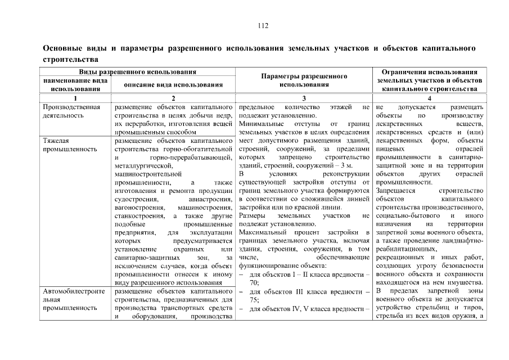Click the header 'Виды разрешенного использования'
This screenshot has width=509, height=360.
point(137,72)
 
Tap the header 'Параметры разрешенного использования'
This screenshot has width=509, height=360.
point(304,80)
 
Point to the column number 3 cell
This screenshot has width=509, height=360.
point(304,98)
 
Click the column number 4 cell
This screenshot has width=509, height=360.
point(430,98)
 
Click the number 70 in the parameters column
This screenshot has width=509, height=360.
point(254,282)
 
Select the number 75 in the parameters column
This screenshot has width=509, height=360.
point(254,300)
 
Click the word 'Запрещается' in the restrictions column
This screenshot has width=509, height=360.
point(395,191)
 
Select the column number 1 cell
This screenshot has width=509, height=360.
point(75,98)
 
